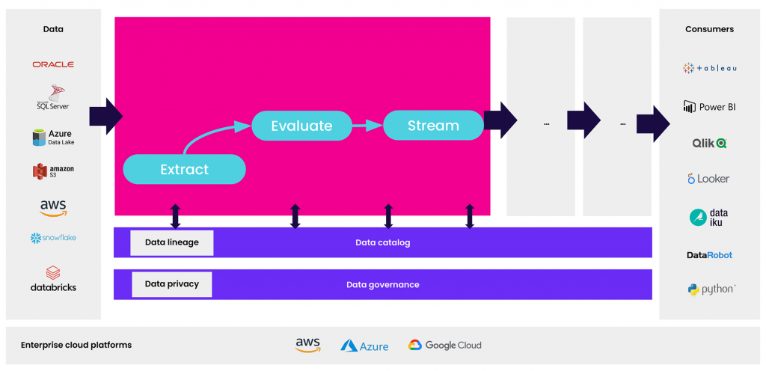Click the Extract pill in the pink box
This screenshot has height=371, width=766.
pos(184,169)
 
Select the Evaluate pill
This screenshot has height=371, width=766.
pos(301,126)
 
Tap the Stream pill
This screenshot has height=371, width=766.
pos(433,126)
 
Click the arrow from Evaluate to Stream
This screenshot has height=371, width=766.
pos(367,126)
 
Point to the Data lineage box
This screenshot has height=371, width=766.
pos(172,242)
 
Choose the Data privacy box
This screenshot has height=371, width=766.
pos(172,284)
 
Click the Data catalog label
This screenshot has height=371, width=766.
pos(382,242)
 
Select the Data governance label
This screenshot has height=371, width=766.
pos(382,284)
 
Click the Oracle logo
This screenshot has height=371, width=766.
pos(53,64)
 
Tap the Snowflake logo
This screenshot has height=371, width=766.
pos(53,238)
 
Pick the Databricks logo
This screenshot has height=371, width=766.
pos(53,278)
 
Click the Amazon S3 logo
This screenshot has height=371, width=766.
pos(53,171)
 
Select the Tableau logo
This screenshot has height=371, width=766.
pos(709,68)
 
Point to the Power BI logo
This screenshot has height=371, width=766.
pos(709,106)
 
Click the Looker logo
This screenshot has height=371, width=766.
pos(708,179)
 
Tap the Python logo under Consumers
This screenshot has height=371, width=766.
pos(711,289)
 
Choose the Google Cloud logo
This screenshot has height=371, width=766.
pos(444,345)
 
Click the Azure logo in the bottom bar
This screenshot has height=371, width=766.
pos(364,346)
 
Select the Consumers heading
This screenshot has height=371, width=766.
pos(709,29)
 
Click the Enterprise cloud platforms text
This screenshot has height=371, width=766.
pos(76,345)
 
